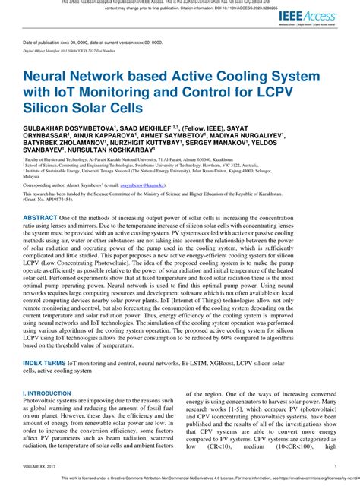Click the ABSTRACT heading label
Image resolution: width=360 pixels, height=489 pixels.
45,238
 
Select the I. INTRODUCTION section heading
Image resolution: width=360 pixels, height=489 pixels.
46,394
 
